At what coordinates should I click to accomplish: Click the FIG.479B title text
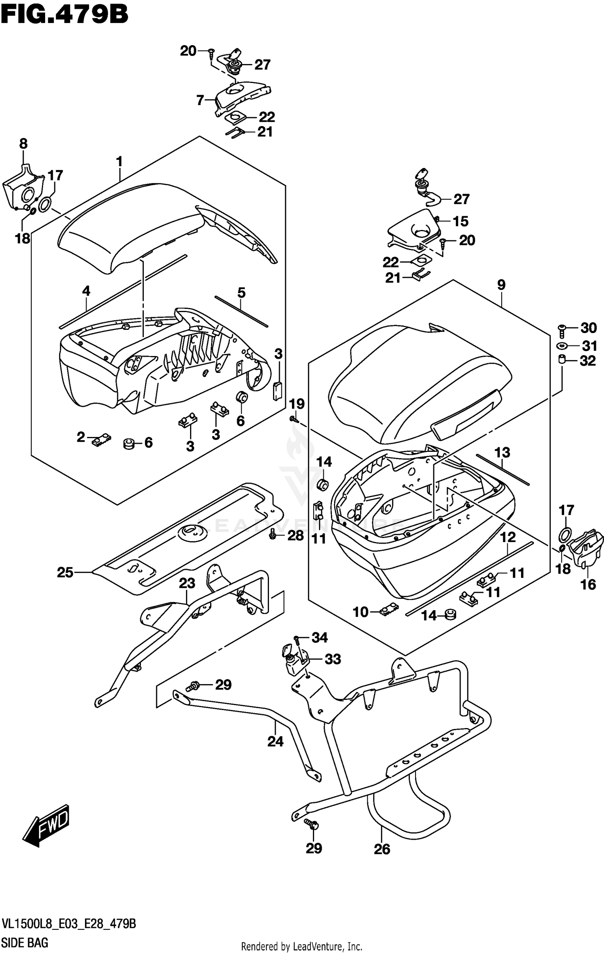64,15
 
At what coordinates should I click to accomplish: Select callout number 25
65,572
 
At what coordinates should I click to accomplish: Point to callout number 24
275,741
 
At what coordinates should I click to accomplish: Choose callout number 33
333,659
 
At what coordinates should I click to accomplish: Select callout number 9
501,285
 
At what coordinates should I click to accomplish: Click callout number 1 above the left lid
119,162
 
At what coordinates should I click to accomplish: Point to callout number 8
23,143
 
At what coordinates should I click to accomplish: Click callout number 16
588,584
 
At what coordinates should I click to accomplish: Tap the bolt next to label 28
273,535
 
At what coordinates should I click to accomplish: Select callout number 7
200,100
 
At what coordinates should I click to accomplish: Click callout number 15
461,221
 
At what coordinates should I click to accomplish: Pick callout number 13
502,453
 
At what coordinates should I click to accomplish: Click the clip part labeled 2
101,440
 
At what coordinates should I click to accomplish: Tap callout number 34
320,637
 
